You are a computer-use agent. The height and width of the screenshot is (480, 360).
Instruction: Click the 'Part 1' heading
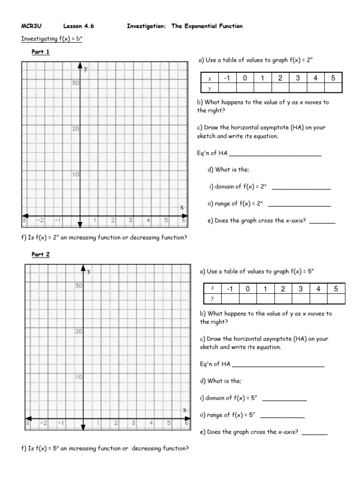[x=40, y=52]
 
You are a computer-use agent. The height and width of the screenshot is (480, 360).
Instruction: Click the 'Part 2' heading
[x=40, y=255]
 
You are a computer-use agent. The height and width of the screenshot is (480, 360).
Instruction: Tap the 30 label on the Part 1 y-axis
[x=75, y=83]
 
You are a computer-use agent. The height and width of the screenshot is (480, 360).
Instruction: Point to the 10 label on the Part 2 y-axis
[x=79, y=377]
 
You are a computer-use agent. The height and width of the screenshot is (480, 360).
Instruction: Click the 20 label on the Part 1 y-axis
[x=75, y=129]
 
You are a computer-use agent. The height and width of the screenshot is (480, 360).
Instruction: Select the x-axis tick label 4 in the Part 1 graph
[x=148, y=220]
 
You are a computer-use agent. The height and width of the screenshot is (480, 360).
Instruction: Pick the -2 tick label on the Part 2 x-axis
[x=43, y=423]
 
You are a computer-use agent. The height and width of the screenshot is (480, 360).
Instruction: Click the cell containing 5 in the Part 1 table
[x=333, y=78]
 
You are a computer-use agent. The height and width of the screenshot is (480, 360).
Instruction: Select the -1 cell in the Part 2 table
[x=230, y=289]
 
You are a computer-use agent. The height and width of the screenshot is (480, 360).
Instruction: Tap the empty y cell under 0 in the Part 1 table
[x=245, y=88]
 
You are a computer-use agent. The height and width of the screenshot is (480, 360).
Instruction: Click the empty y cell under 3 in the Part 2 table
[x=300, y=299]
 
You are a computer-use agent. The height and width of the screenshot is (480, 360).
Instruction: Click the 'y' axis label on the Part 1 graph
[x=86, y=68]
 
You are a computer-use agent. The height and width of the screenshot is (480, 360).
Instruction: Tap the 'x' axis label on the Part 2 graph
[x=184, y=410]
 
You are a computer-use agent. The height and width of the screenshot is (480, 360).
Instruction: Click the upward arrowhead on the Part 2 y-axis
[x=83, y=269]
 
